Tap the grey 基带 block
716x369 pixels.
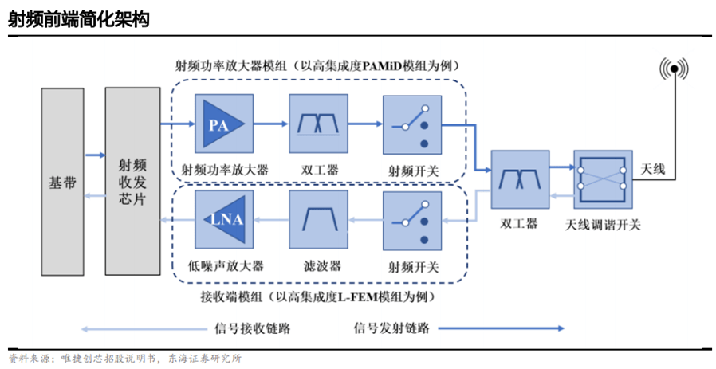[62, 182]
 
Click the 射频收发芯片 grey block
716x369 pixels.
[132, 182]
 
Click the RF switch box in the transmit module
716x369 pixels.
[412, 125]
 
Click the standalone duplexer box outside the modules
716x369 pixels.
[517, 179]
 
